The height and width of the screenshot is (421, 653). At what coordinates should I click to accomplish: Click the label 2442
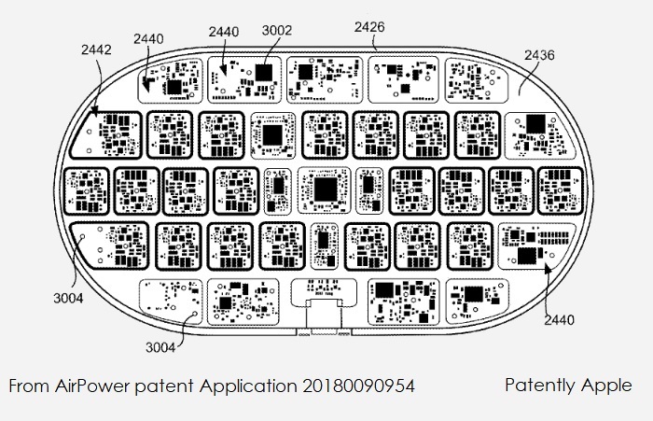click(x=96, y=49)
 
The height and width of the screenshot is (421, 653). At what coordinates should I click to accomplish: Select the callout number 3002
click(x=277, y=31)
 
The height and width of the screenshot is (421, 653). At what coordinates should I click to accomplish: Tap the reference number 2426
click(x=369, y=27)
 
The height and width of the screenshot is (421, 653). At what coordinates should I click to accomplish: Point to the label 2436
click(x=539, y=55)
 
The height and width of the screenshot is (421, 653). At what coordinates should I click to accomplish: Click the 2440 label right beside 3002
click(x=224, y=32)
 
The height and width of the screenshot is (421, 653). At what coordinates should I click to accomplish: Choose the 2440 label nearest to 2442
click(x=148, y=39)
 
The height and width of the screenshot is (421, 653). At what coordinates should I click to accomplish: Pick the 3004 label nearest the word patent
click(x=160, y=347)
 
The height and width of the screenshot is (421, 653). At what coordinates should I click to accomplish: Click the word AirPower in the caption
click(x=92, y=386)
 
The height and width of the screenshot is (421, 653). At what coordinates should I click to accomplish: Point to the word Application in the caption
click(x=248, y=386)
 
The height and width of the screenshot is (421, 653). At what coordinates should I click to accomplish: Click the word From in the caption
click(x=29, y=386)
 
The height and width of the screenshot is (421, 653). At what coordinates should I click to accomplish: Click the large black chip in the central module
click(x=326, y=189)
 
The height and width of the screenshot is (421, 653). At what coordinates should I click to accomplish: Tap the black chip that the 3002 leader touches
click(x=264, y=73)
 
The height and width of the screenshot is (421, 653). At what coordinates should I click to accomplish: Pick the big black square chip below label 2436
click(x=536, y=124)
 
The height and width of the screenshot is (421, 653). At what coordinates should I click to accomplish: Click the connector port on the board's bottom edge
click(x=324, y=318)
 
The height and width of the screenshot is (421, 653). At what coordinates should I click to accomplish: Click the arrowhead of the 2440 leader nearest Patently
click(x=549, y=269)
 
